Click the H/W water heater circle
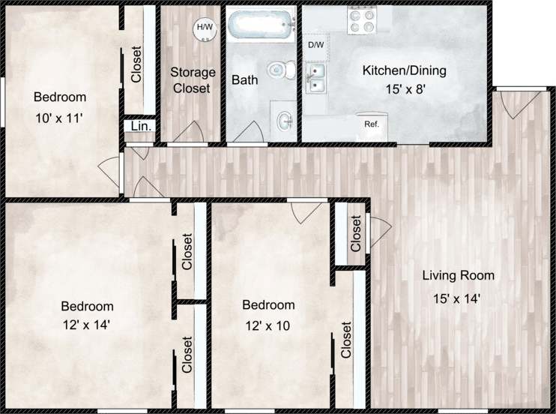203,28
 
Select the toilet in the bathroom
279,70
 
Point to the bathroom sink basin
284,119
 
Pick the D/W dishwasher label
316,45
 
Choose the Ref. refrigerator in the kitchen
370,124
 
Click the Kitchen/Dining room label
404,71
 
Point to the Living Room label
458,276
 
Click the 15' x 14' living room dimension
456,298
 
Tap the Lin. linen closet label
141,127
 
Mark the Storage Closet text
193,80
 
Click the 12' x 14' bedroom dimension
87,324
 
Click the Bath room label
244,79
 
